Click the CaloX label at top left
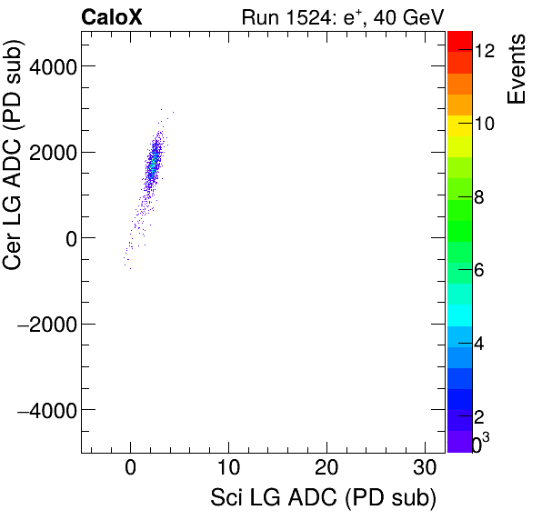coord(112,17)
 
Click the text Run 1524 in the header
coord(281,17)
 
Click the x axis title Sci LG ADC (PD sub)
coord(323,499)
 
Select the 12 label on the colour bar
coord(484,52)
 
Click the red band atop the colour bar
coord(459,41)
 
